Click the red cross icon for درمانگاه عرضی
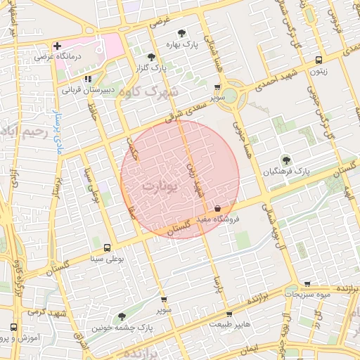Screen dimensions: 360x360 [58, 46]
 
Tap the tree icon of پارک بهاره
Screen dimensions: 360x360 [181, 32]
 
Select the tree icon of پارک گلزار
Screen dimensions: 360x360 [151, 58]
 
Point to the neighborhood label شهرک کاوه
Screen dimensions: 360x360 [155, 92]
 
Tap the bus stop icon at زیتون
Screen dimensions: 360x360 [319, 60]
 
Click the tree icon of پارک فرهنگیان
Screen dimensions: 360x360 [285, 161]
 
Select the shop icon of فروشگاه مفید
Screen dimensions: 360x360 [218, 208]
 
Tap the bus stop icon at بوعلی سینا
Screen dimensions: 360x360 [106, 247]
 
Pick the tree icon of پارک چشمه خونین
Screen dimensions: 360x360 [122, 317]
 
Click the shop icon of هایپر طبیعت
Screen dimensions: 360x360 [229, 314]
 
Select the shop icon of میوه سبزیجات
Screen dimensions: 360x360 [307, 284]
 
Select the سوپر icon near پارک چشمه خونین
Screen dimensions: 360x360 [164, 300]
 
